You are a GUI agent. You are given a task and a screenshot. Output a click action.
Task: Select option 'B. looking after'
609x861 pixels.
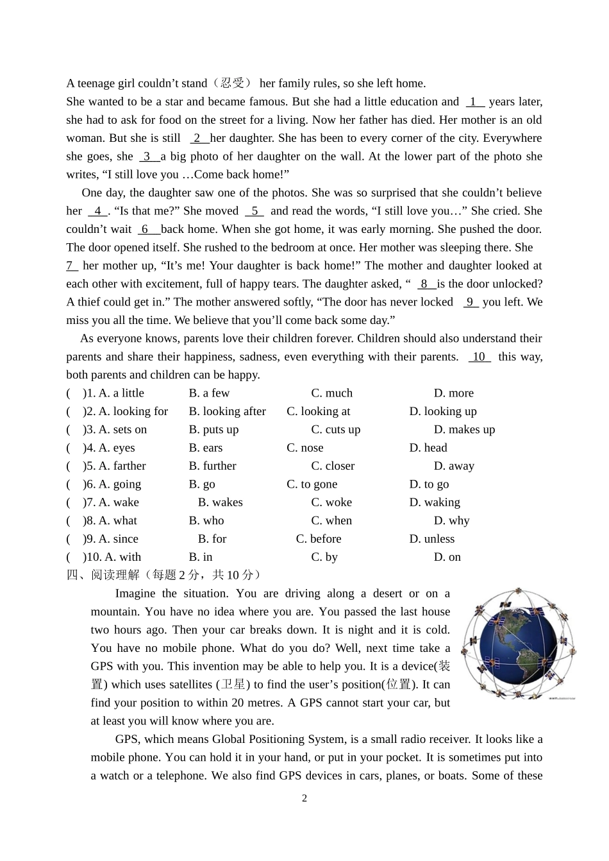(227, 411)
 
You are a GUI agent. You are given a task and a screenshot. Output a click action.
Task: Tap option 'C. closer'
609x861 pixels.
(332, 466)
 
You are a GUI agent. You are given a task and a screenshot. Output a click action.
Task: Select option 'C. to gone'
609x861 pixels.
(312, 484)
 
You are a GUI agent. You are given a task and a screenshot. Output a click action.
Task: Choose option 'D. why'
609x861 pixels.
(451, 521)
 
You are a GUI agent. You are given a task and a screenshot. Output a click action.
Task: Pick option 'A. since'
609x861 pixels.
(118, 539)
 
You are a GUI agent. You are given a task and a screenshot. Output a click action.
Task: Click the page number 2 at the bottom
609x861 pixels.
(304, 798)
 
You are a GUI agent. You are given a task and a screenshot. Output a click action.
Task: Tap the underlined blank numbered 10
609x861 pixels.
(479, 357)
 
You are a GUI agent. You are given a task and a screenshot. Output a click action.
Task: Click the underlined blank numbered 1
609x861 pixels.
(474, 102)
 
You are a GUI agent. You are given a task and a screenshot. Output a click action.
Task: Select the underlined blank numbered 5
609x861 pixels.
(254, 211)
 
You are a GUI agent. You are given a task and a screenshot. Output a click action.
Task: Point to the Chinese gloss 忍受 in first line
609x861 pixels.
(232, 83)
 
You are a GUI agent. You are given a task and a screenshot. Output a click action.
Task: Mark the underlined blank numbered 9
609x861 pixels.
(470, 302)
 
